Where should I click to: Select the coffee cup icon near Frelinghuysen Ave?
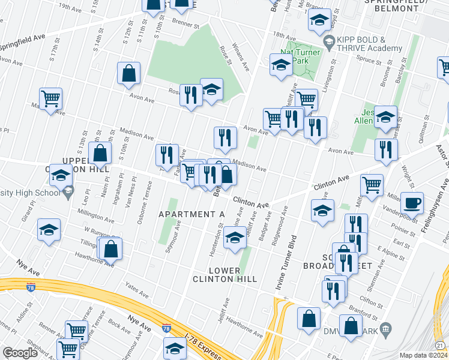coord(412,204)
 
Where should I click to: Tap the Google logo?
coord(20,353)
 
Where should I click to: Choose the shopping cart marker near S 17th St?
coord(51,98)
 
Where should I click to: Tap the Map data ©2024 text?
coord(424,355)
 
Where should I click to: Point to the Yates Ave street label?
coord(137,292)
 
